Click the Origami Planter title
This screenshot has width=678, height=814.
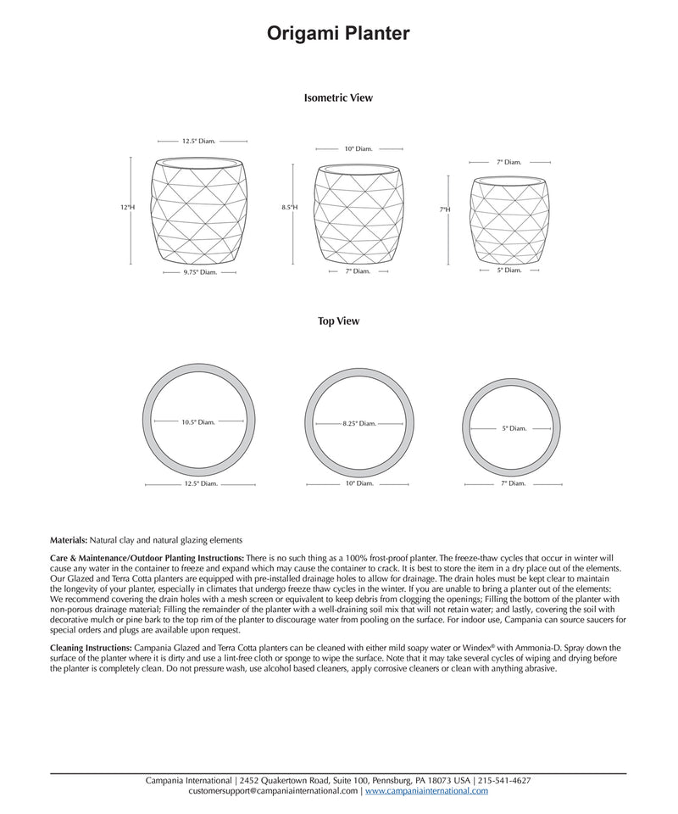(339, 33)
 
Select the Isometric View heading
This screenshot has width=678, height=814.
(338, 98)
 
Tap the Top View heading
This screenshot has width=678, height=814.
(338, 321)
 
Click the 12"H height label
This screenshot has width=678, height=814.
(127, 207)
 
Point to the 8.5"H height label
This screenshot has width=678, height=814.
(290, 207)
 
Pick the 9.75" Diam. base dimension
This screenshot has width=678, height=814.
(201, 272)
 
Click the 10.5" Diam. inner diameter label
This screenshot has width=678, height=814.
(198, 421)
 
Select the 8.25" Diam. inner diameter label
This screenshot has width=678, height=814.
(359, 423)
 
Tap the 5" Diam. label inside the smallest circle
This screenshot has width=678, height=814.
(514, 428)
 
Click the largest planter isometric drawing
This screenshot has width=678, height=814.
(200, 211)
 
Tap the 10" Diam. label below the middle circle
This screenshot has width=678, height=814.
(359, 483)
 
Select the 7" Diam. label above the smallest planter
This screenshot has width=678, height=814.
(508, 161)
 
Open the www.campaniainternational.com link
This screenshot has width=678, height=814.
(426, 790)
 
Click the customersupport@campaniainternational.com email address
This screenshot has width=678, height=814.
(274, 790)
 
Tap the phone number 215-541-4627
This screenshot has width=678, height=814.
(505, 780)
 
